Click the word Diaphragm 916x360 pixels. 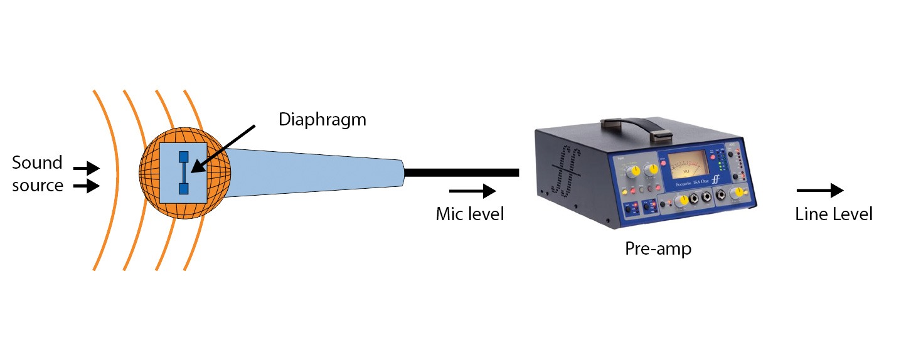pyautogui.click(x=322, y=119)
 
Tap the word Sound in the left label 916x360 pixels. pyautogui.click(x=38, y=163)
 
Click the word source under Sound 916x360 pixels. pyautogui.click(x=38, y=186)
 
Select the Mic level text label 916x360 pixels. pyautogui.click(x=470, y=214)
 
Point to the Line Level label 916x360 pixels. pyautogui.click(x=833, y=214)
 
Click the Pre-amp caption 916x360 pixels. pyautogui.click(x=658, y=249)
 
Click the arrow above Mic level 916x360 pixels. pyautogui.click(x=473, y=191)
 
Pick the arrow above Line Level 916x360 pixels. pyautogui.click(x=819, y=191)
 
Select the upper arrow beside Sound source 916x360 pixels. pyautogui.click(x=86, y=168)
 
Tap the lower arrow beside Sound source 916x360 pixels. pyautogui.click(x=86, y=186)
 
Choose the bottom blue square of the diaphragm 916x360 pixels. pyautogui.click(x=183, y=188)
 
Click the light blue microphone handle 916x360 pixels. pyautogui.click(x=314, y=172)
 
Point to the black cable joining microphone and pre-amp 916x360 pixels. pyautogui.click(x=461, y=172)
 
